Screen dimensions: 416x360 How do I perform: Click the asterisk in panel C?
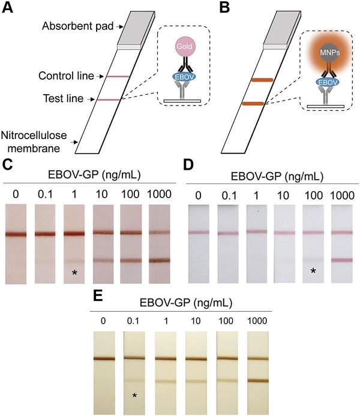pos(75,273)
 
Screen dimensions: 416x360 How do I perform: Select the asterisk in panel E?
pos(134,395)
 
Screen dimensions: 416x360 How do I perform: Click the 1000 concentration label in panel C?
pos(160,195)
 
